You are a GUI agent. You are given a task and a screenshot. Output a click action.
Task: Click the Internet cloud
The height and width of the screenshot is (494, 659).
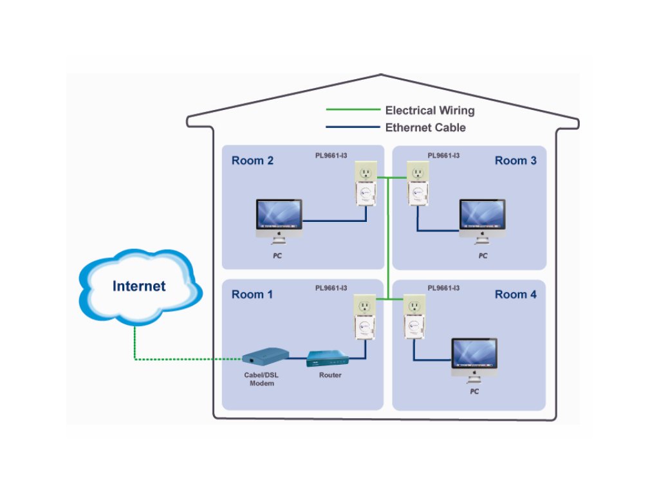(139, 286)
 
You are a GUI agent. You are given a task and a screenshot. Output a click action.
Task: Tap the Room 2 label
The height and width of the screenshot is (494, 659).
(252, 161)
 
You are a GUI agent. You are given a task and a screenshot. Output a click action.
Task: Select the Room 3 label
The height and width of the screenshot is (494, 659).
(515, 161)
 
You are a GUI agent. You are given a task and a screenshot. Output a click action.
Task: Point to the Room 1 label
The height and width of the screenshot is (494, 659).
(252, 295)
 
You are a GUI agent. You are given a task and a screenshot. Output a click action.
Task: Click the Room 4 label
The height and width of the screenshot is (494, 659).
(515, 295)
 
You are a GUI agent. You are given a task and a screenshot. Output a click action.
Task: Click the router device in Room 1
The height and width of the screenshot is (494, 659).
(328, 358)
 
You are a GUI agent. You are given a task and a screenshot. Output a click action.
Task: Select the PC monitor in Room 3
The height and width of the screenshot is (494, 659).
(482, 217)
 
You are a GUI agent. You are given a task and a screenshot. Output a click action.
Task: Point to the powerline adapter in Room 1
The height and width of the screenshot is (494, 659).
(365, 318)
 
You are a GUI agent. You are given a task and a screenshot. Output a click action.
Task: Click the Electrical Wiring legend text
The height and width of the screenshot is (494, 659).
(429, 111)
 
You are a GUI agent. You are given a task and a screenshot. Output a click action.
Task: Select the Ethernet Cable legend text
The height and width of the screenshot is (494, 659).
(425, 127)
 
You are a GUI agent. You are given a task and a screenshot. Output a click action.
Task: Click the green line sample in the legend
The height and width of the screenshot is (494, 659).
(353, 111)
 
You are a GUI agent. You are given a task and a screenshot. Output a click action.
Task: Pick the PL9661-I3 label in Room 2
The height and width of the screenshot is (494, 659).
(331, 155)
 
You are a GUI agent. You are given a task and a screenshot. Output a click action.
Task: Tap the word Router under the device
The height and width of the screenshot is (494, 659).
(330, 375)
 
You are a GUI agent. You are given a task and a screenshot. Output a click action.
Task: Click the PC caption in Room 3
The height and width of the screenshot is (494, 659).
(483, 256)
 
